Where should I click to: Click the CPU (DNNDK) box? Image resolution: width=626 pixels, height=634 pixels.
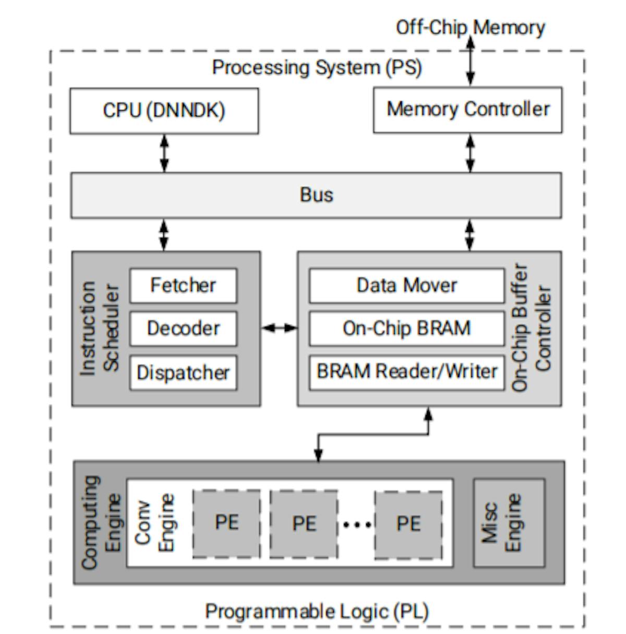(164, 111)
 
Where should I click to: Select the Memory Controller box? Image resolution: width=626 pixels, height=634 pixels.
(467, 110)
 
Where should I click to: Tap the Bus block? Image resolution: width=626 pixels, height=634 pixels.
(316, 195)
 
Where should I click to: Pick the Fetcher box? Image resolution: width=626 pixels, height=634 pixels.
(183, 285)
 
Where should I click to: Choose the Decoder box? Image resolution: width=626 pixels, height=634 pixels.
(183, 328)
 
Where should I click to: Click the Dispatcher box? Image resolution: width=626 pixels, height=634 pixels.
(183, 372)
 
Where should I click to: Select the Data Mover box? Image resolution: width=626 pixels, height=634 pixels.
(406, 285)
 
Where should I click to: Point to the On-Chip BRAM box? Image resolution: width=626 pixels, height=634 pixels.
(406, 328)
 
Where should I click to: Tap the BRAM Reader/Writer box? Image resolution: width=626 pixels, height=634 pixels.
(406, 372)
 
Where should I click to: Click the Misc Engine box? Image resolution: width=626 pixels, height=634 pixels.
(509, 522)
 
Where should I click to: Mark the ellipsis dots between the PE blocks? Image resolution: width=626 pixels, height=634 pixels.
(357, 524)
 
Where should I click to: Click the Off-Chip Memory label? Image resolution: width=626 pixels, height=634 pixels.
(470, 27)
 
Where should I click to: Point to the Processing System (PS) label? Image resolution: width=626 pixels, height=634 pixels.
(317, 67)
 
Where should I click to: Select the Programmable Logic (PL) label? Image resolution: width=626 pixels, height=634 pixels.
(317, 611)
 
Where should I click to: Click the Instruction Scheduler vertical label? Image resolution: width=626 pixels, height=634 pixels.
(100, 328)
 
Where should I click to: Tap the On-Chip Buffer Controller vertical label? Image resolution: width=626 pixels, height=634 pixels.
(531, 327)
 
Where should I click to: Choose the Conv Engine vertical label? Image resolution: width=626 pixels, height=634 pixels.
(154, 522)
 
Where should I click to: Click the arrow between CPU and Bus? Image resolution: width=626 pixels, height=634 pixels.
(164, 153)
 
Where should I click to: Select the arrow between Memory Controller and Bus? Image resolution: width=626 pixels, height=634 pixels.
(470, 153)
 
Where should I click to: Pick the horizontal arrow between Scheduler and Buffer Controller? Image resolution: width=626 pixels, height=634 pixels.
(279, 328)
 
